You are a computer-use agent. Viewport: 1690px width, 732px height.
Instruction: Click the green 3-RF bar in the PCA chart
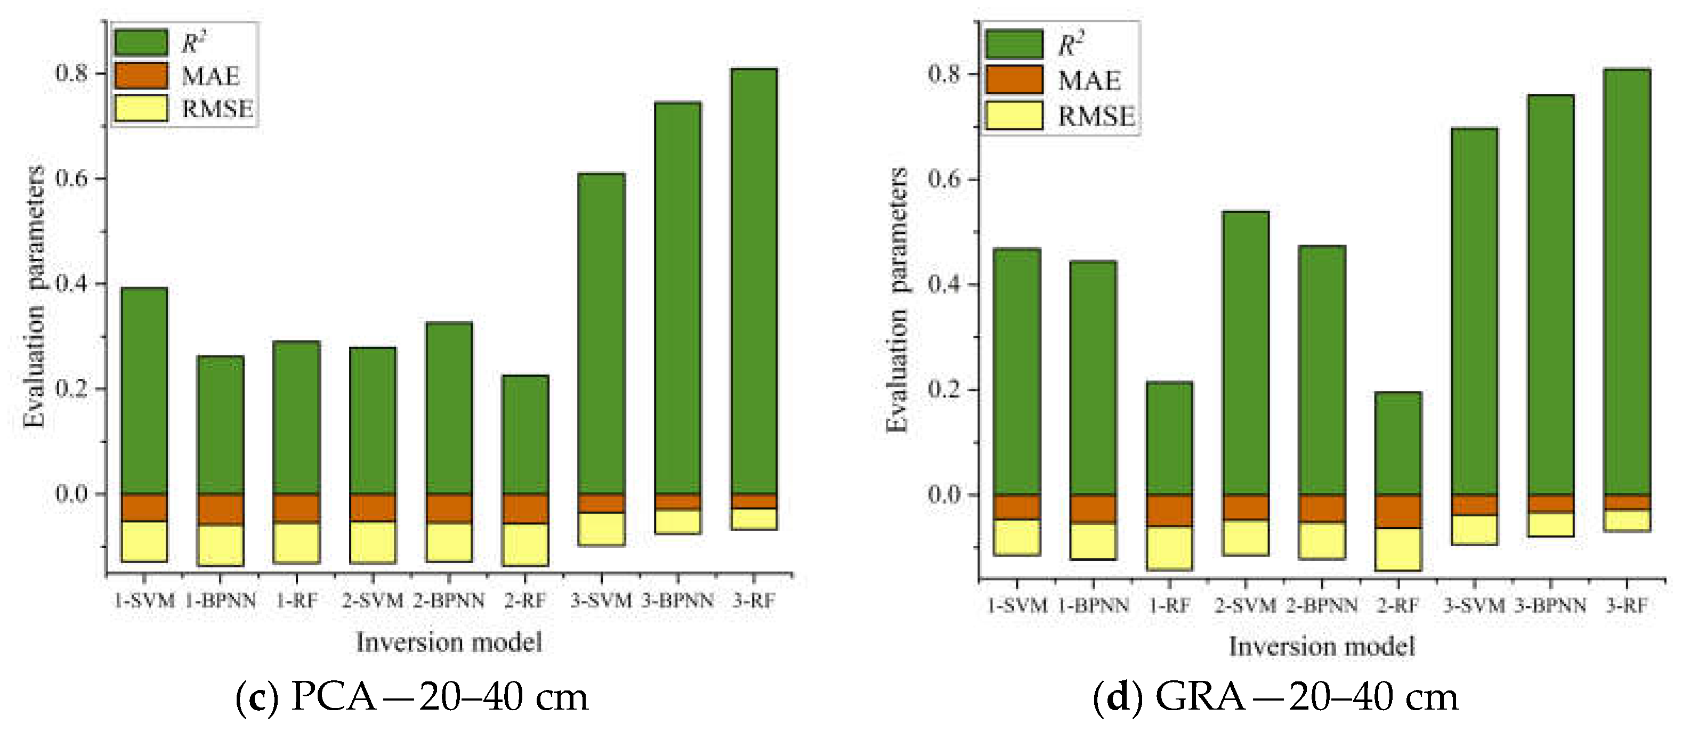[753, 282]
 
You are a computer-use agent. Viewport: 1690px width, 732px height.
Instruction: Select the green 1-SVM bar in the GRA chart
[1017, 371]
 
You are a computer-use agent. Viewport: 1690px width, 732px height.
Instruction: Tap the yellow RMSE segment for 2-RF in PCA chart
[525, 544]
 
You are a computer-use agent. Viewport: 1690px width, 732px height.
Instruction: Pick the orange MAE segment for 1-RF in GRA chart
[1169, 510]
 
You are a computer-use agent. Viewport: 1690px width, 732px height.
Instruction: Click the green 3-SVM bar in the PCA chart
[601, 335]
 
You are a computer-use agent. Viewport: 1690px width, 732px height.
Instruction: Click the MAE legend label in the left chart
[211, 77]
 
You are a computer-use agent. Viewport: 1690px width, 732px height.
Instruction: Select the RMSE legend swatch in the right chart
[1014, 116]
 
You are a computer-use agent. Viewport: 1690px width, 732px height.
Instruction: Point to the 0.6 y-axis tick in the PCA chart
[72, 178]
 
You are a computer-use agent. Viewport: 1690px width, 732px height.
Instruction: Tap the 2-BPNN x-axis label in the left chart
[449, 601]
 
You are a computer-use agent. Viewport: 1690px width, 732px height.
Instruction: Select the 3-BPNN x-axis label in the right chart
[1550, 605]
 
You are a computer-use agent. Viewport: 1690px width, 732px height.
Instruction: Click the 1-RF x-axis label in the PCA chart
[296, 601]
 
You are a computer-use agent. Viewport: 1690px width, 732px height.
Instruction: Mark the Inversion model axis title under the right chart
[1321, 646]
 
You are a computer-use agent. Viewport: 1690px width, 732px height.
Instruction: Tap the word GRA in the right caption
[1199, 697]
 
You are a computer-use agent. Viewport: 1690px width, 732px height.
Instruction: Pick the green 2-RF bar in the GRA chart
[1397, 443]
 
